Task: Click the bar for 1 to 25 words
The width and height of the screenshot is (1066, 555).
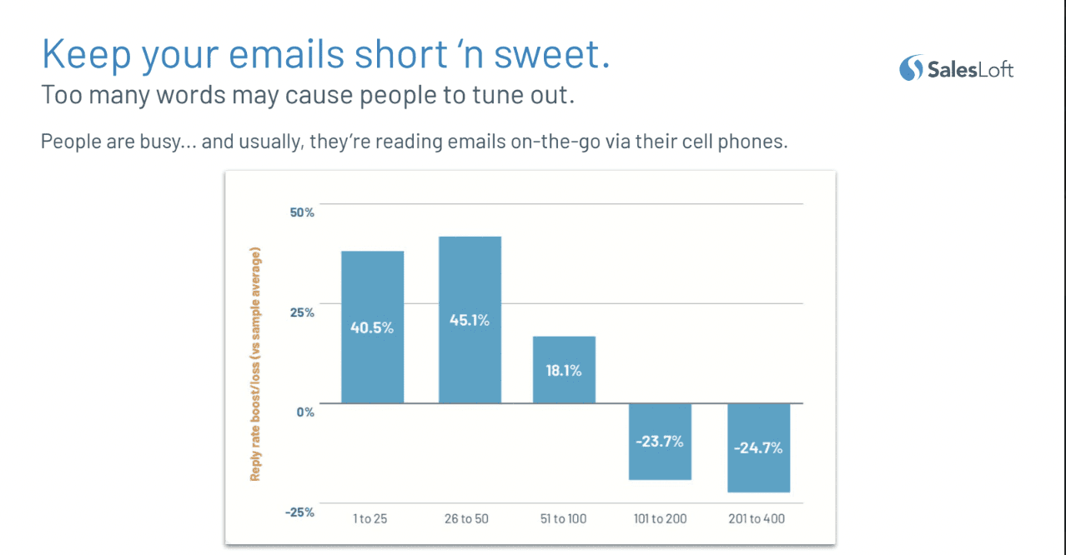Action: (373, 327)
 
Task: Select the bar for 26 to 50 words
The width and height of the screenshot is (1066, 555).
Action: (470, 320)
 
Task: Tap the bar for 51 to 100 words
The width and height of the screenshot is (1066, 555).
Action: (564, 369)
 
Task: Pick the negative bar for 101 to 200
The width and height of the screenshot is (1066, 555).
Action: (660, 442)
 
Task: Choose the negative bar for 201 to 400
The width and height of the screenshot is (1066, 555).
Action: (758, 447)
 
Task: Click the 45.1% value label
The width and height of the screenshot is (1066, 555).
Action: (470, 320)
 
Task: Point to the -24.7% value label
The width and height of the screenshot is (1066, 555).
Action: (758, 447)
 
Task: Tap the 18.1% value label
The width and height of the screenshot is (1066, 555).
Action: (564, 371)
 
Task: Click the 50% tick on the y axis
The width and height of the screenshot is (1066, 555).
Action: (302, 212)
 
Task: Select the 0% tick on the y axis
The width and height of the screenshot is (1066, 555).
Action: (305, 412)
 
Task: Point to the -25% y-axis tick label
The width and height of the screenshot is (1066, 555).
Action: (299, 512)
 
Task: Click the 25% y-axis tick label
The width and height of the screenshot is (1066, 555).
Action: (302, 312)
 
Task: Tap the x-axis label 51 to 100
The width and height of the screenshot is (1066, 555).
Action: (563, 518)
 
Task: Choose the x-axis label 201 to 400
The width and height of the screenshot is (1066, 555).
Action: (757, 518)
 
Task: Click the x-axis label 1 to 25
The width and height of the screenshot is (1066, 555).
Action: (370, 518)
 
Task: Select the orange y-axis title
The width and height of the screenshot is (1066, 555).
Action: (255, 364)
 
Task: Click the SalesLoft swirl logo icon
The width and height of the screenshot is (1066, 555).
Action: (911, 67)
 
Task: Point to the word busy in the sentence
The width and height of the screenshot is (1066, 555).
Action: (161, 142)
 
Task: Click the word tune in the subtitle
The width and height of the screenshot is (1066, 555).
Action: (494, 95)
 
